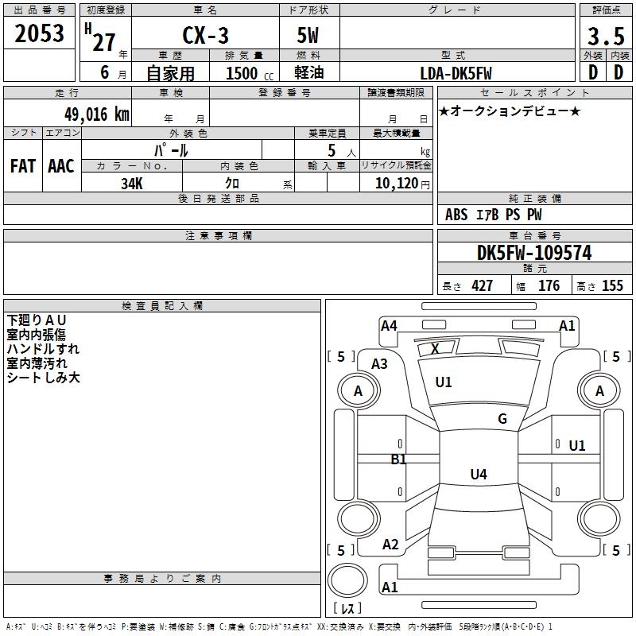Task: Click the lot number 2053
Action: [40, 35]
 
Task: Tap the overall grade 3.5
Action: [606, 37]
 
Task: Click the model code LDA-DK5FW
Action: [456, 73]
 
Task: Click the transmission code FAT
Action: [22, 165]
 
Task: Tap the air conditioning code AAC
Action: [60, 165]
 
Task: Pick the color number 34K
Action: [132, 183]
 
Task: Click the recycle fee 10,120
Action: [394, 183]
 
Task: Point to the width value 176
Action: [549, 286]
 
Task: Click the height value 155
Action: [612, 286]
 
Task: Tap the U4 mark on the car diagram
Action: [478, 475]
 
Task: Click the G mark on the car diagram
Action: [502, 419]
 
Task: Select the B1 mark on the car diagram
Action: [398, 459]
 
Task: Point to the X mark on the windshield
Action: [435, 348]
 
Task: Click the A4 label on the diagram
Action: [389, 325]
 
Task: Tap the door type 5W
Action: [309, 37]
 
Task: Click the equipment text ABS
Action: [456, 215]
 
